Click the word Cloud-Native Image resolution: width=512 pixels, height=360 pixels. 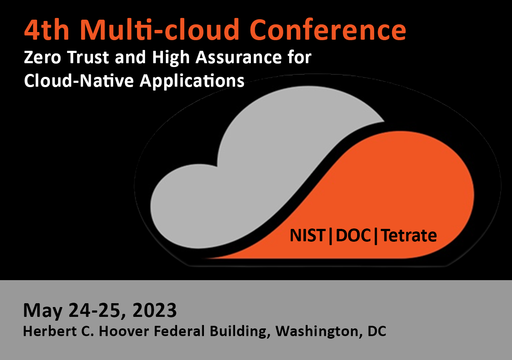[79, 81]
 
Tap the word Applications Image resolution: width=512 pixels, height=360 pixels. [192, 82]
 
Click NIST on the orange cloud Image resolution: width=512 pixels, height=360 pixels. [307, 235]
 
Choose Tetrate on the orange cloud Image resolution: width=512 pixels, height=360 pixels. [409, 235]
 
